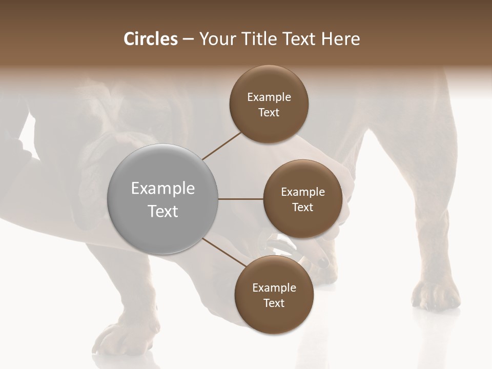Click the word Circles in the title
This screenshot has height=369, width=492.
point(150,39)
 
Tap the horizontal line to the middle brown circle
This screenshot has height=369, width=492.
point(241,199)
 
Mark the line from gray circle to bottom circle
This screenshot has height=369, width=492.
point(224,252)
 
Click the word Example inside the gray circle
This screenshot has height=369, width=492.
point(163,189)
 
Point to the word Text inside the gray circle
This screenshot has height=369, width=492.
point(163,211)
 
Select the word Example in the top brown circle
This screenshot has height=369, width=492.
point(269,97)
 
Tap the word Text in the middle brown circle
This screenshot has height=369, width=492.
point(302,207)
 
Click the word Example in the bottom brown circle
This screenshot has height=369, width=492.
point(274,288)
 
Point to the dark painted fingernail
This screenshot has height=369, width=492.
point(323,263)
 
